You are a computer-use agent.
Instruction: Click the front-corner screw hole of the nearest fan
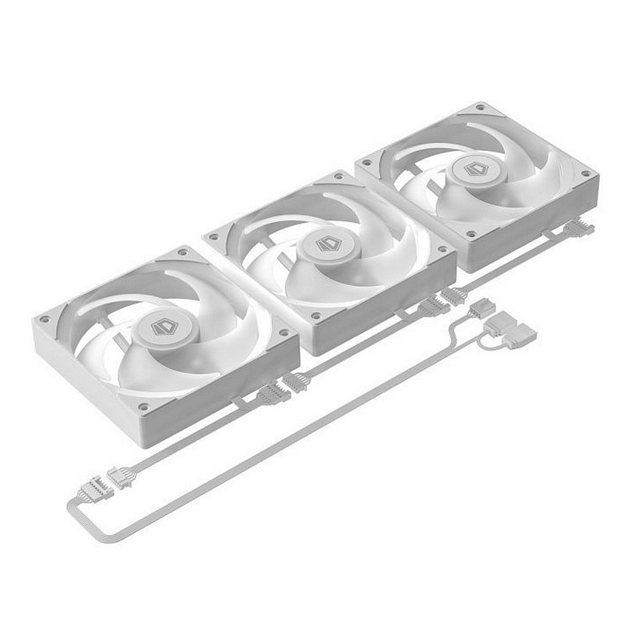pos(143,407)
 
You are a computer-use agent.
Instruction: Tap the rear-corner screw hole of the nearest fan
pos(183,252)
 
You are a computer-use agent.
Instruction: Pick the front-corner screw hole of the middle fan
pos(318,316)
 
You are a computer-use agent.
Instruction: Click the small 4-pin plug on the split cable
pos(482,307)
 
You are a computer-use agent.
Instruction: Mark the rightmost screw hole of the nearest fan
pos(283,332)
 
